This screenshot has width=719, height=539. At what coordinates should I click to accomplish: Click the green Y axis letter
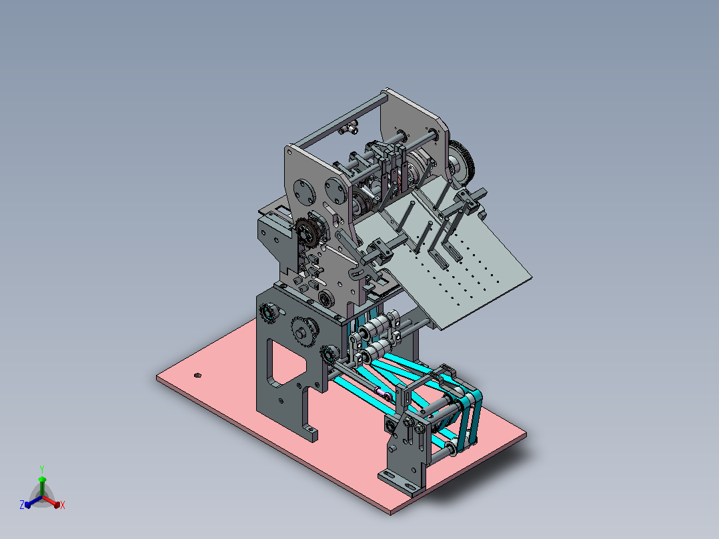pyautogui.click(x=42, y=469)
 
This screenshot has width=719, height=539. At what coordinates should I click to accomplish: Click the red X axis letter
pyautogui.click(x=63, y=505)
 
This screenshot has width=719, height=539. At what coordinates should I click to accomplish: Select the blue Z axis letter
pyautogui.click(x=22, y=504)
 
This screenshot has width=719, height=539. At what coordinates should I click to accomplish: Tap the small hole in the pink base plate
pyautogui.click(x=197, y=376)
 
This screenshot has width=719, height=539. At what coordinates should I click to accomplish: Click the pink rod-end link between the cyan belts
pyautogui.click(x=384, y=393)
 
